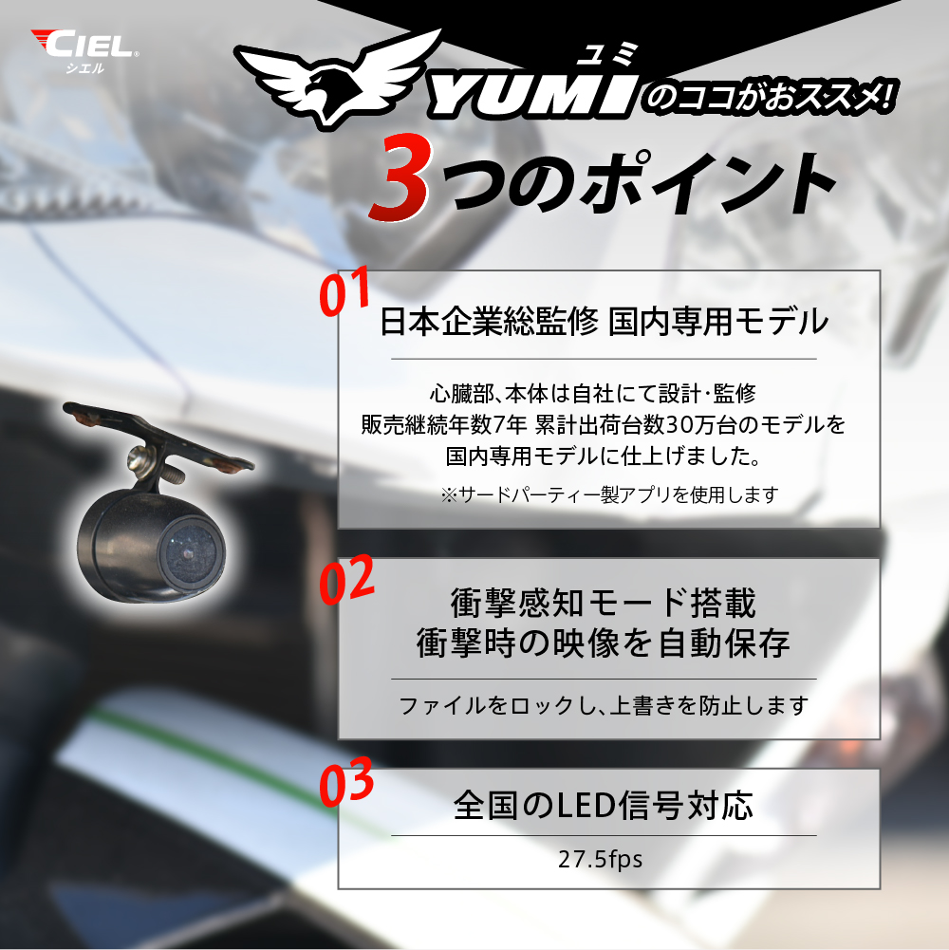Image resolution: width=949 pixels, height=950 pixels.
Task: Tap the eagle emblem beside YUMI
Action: (336, 79)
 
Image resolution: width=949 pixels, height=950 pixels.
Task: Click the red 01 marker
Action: (344, 291)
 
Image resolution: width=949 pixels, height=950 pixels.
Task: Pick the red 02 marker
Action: (346, 581)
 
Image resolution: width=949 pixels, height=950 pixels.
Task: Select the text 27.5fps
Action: (600, 859)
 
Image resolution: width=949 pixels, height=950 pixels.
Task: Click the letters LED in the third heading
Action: (584, 806)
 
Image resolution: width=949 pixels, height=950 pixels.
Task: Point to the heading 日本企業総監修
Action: (489, 321)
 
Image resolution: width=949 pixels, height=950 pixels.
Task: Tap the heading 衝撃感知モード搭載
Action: (604, 603)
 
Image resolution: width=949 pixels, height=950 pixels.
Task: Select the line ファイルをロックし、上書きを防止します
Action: (604, 705)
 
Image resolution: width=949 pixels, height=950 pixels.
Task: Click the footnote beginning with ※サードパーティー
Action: (609, 495)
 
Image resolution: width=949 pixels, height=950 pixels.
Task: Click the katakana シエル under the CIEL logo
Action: (84, 68)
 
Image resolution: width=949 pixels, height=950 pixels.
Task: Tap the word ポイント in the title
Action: (707, 183)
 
